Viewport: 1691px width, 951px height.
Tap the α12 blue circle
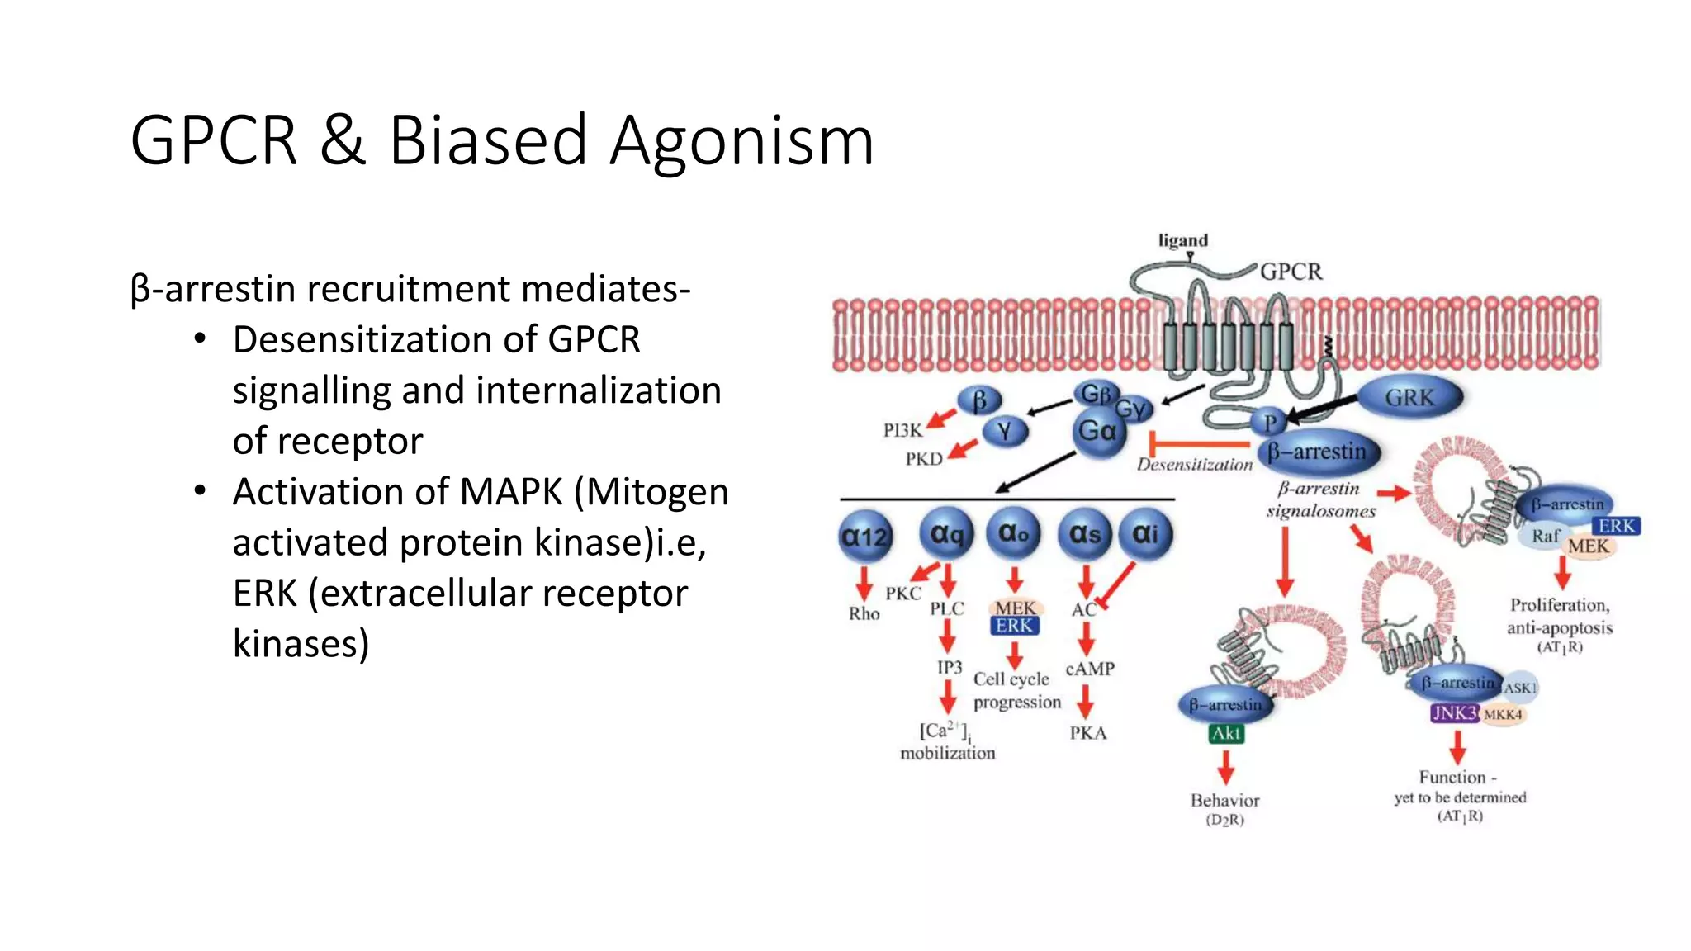[864, 537]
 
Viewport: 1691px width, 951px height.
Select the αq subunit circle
[946, 534]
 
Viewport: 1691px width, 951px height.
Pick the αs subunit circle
[1085, 534]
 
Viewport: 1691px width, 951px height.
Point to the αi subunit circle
[1145, 534]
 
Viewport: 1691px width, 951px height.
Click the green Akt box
[1226, 733]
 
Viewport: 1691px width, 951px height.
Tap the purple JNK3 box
[1454, 713]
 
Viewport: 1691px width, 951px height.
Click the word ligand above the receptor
[1182, 240]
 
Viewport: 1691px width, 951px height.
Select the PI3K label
[902, 430]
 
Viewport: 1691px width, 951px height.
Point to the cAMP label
[1090, 669]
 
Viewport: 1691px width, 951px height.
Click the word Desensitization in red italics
[1194, 465]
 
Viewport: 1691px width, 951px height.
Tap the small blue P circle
[1269, 423]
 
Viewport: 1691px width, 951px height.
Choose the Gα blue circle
[1098, 431]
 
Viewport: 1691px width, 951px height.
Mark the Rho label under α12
[864, 613]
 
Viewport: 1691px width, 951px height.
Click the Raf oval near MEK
[1545, 537]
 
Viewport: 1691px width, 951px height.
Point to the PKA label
[1088, 733]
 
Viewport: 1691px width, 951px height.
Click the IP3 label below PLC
[950, 667]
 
